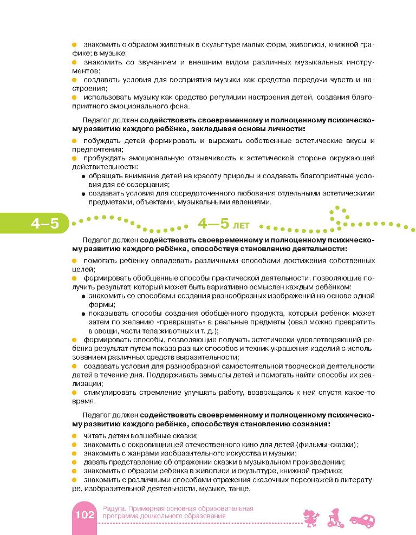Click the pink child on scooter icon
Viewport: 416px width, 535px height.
[335, 517]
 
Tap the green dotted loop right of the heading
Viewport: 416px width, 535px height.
[339, 215]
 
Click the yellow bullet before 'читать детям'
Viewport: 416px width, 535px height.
[75, 436]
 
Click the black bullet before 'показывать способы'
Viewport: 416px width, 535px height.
[83, 314]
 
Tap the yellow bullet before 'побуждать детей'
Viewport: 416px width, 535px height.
[75, 141]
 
